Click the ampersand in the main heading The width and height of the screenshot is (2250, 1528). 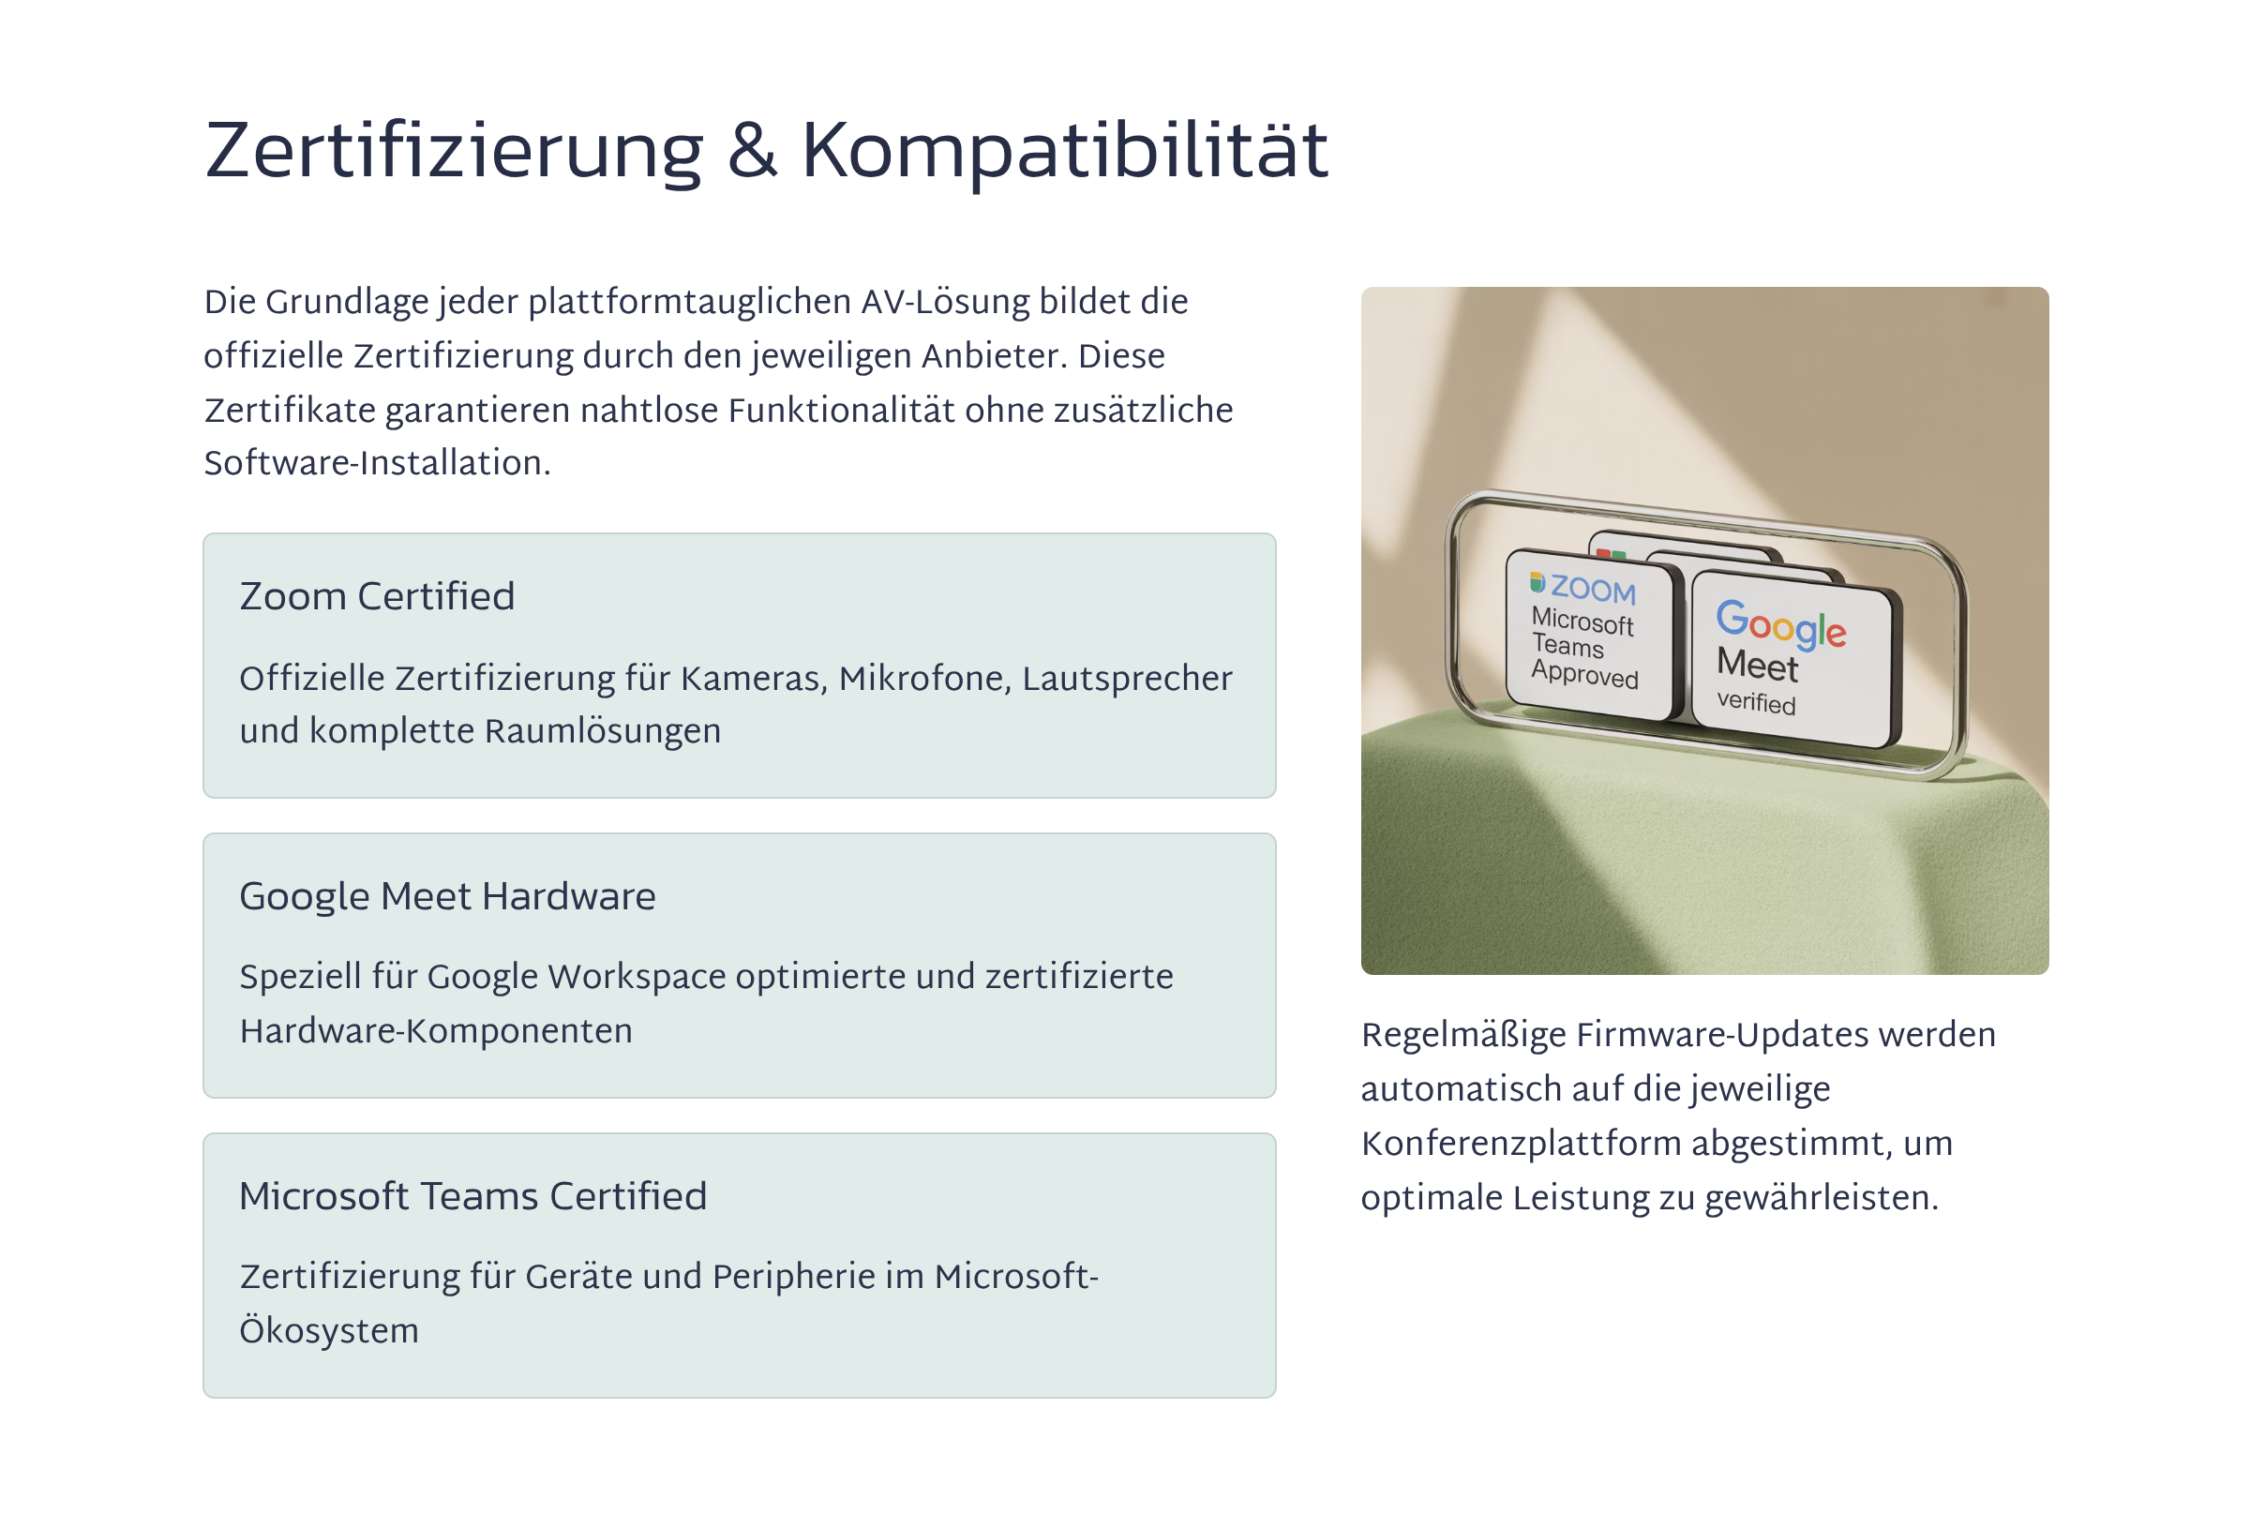click(x=752, y=151)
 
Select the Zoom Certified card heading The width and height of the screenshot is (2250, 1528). click(x=377, y=596)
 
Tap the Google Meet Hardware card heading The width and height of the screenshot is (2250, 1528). click(x=447, y=897)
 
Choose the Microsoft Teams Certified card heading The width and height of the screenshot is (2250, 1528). click(x=473, y=1197)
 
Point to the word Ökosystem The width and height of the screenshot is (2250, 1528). click(x=329, y=1329)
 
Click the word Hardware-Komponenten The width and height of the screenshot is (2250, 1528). click(x=436, y=1031)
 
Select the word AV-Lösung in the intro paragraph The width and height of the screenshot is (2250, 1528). click(x=945, y=302)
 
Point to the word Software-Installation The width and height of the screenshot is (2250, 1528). click(x=377, y=463)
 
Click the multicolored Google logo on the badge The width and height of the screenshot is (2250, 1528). click(x=1780, y=623)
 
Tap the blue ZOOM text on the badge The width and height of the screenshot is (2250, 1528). click(x=1593, y=588)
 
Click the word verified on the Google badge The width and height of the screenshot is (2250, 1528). click(x=1756, y=702)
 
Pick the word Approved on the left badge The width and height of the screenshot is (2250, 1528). click(x=1585, y=674)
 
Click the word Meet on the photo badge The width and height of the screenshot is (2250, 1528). click(x=1757, y=666)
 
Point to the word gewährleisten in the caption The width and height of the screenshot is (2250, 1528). click(x=1822, y=1199)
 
